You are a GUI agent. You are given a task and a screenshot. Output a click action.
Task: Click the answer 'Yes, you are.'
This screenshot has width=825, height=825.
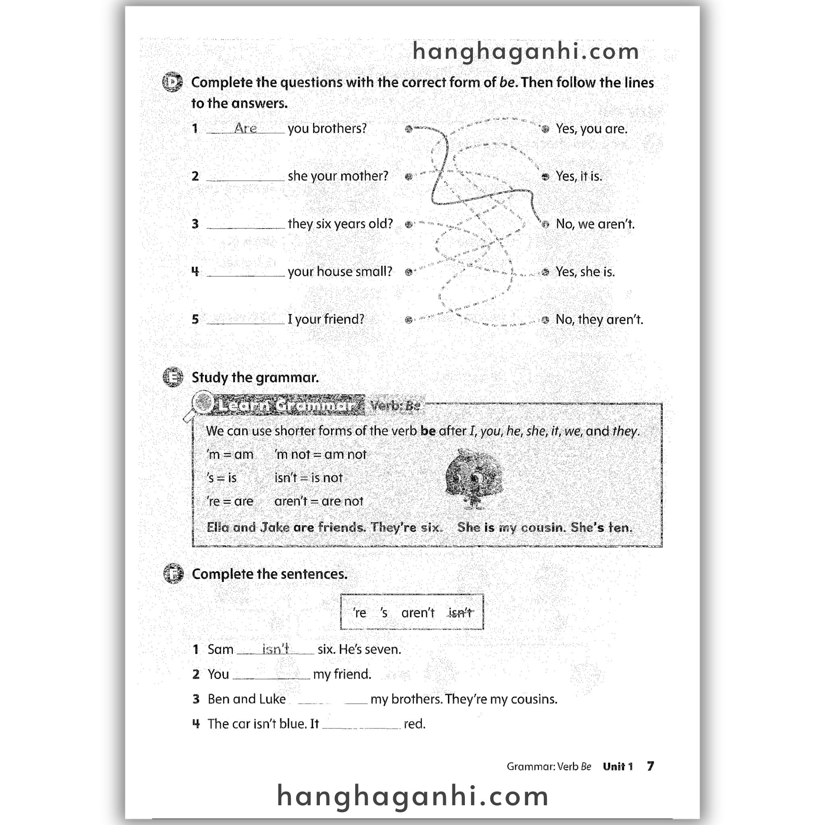[591, 129]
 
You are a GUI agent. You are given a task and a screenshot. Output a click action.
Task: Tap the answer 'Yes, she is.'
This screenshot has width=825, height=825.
[585, 272]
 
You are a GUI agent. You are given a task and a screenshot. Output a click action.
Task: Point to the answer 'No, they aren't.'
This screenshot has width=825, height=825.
[599, 319]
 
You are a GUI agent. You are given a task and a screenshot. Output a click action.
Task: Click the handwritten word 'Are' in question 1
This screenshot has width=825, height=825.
[246, 128]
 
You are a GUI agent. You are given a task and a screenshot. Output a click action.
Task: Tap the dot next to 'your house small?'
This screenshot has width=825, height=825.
[408, 272]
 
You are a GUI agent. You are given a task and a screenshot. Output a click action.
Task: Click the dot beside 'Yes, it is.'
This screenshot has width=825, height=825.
[545, 176]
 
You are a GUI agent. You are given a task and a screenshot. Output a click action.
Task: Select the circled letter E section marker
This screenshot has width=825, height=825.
[173, 377]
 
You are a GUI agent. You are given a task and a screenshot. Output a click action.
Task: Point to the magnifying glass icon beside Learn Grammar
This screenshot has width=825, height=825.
[201, 404]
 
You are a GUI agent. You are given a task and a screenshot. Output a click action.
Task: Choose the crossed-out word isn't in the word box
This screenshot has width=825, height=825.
[460, 613]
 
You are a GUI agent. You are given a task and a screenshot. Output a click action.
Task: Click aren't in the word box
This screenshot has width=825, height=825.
[418, 613]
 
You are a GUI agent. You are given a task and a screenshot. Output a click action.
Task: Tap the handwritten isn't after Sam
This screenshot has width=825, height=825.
[276, 649]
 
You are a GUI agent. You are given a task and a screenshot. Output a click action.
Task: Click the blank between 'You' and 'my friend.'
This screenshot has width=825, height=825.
[271, 674]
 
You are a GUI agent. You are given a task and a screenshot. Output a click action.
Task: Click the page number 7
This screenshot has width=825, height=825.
[650, 766]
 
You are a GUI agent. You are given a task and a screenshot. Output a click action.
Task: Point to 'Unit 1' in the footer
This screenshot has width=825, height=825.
[618, 767]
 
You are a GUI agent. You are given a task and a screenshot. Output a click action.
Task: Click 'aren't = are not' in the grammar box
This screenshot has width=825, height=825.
[319, 501]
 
